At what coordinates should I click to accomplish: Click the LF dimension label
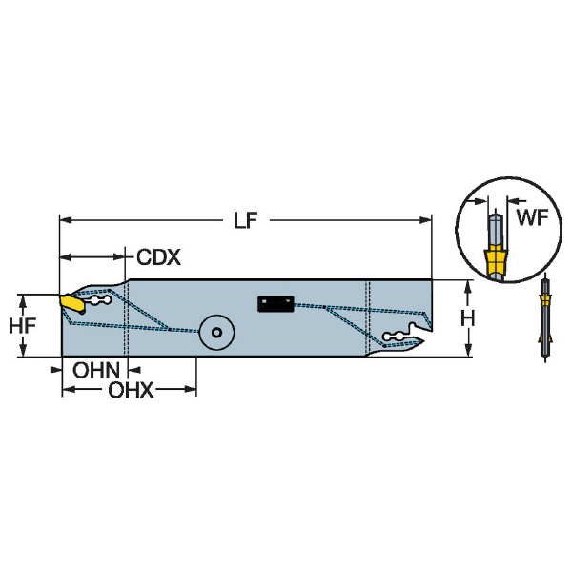click(246, 220)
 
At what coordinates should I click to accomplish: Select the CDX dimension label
click(158, 257)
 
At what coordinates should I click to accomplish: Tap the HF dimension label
click(22, 326)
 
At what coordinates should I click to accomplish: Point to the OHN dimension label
click(96, 370)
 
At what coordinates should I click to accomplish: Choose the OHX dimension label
click(131, 390)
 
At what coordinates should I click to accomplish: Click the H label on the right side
click(468, 318)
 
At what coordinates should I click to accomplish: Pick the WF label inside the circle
click(533, 217)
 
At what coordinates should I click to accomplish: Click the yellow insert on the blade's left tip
click(71, 303)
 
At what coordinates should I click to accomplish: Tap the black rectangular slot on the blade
click(276, 304)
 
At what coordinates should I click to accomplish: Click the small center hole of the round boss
click(216, 333)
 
